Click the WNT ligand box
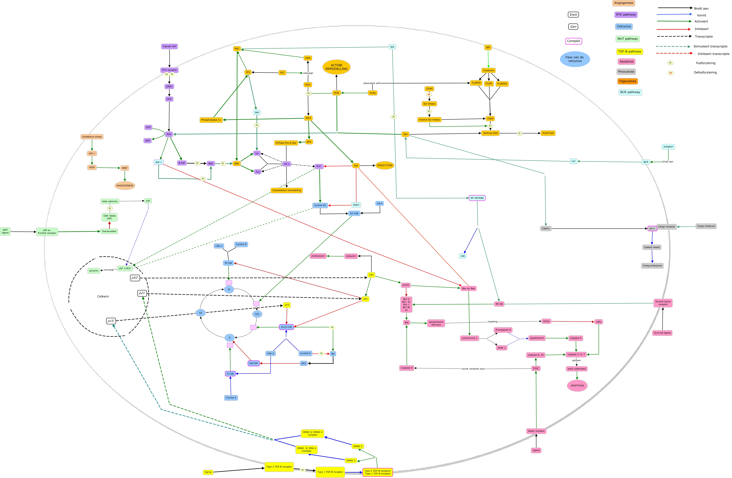coord(5,231)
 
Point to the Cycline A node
coord(231,397)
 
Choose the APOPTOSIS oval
coord(577,385)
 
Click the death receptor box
coord(536,431)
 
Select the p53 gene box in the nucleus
coord(135,278)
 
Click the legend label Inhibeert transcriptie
coord(713,54)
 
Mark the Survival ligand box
coord(662,333)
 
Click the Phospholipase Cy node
coord(211,120)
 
